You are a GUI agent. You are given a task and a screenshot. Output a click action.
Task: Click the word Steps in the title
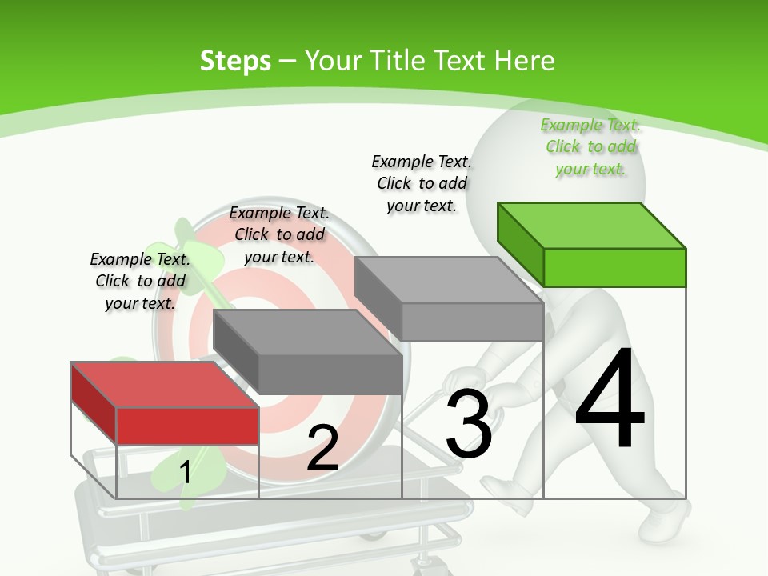coord(235,61)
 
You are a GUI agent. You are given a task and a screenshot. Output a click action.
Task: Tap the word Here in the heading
coord(524,61)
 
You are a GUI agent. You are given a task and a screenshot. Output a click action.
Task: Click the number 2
coord(322,449)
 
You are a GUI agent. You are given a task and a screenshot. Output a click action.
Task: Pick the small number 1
coord(185,472)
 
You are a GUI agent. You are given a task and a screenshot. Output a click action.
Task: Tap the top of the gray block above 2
coord(308,332)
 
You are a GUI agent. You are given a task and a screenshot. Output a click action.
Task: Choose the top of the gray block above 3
coord(448,280)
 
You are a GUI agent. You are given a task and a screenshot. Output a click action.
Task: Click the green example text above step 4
coord(591,146)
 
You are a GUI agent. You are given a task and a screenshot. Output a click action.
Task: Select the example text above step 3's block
coord(422,183)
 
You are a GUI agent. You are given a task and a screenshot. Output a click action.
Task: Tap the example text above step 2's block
coord(279,234)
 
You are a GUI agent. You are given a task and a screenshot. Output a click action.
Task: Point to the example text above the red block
coord(140,281)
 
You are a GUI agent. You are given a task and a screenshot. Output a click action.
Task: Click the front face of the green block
coord(614,267)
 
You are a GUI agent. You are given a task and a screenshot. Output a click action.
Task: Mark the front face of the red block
coord(187,426)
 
